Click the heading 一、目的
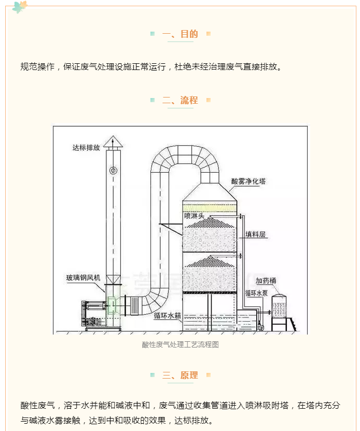(180, 34)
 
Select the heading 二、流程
(180, 100)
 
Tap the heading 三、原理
(180, 375)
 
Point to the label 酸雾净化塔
(248, 182)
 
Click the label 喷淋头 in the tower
(195, 214)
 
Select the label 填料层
(256, 234)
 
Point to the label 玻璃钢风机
(80, 278)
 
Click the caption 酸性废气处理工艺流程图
(180, 344)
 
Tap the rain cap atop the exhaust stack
(113, 141)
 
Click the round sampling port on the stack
(113, 171)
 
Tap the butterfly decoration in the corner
(20, 7)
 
